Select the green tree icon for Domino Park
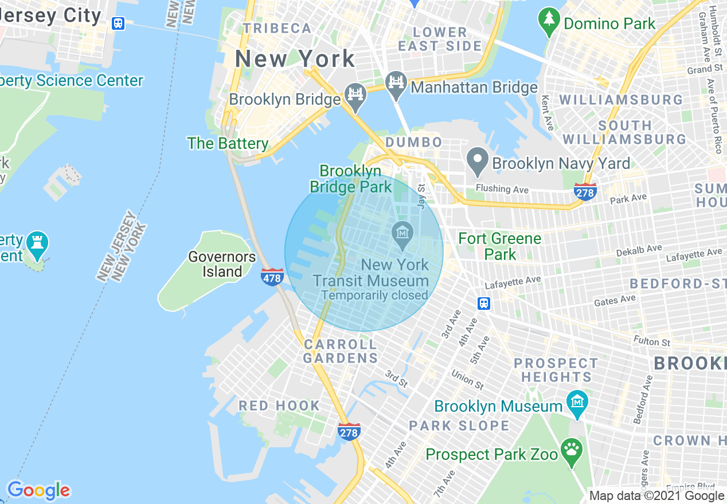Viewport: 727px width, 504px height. coord(549,21)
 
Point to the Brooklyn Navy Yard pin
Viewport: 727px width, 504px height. coord(477,162)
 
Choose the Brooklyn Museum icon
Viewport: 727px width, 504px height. coord(577,404)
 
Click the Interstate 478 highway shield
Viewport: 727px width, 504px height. coord(272,277)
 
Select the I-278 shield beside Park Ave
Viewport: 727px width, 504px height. coord(585,191)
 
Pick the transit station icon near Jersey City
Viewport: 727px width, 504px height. coord(118,23)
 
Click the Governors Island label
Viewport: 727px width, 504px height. coord(222,264)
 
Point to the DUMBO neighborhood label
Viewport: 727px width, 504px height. coord(414,142)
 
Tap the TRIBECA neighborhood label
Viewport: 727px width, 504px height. coord(277,28)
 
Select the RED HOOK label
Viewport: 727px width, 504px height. coord(279,406)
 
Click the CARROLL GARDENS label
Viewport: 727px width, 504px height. coord(341,351)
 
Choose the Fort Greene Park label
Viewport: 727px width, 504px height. coord(500,246)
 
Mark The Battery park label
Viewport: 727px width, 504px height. coord(228,143)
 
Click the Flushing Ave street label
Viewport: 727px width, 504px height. coord(502,188)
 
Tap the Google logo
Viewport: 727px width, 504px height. coord(38,490)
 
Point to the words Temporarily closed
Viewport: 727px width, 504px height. coord(374,296)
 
